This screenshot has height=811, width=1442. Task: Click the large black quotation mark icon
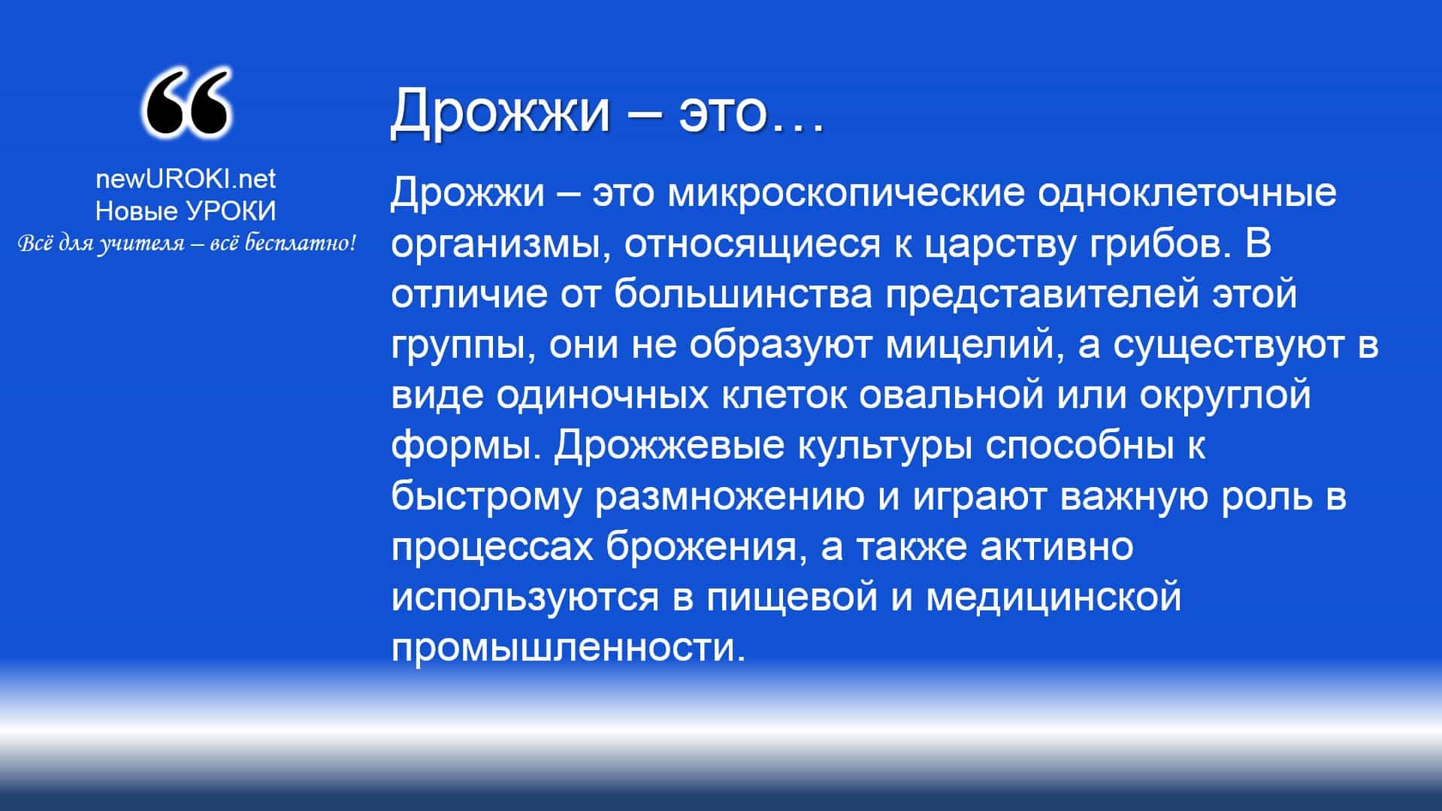tap(186, 104)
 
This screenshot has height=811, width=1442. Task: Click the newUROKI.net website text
tap(186, 179)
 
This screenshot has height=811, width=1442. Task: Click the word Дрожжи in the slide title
tap(500, 111)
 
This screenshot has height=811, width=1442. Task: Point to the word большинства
tap(743, 295)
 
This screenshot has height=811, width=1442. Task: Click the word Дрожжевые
tap(669, 447)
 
